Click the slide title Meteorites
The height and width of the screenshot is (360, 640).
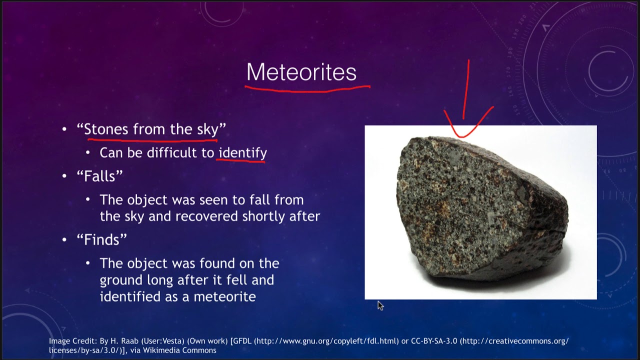coord(301,72)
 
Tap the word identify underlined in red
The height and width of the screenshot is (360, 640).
coord(242,152)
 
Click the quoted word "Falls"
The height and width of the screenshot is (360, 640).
coord(99,176)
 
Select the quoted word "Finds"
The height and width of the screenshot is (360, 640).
coord(101,239)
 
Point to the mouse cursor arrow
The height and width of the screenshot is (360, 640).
coord(379,305)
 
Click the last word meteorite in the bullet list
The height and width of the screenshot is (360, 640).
coord(224,296)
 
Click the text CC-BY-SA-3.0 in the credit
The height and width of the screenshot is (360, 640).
coord(434,341)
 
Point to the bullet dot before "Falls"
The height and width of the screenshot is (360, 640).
coord(64,176)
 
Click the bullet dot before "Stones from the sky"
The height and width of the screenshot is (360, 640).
coord(64,129)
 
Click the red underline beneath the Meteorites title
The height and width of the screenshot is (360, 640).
coord(307,88)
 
